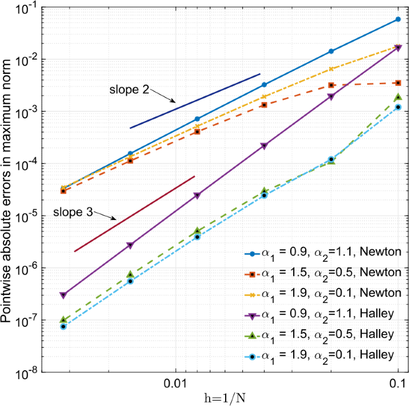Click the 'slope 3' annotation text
72,213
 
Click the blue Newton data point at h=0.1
398,20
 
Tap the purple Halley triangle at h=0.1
398,48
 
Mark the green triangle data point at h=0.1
398,97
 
